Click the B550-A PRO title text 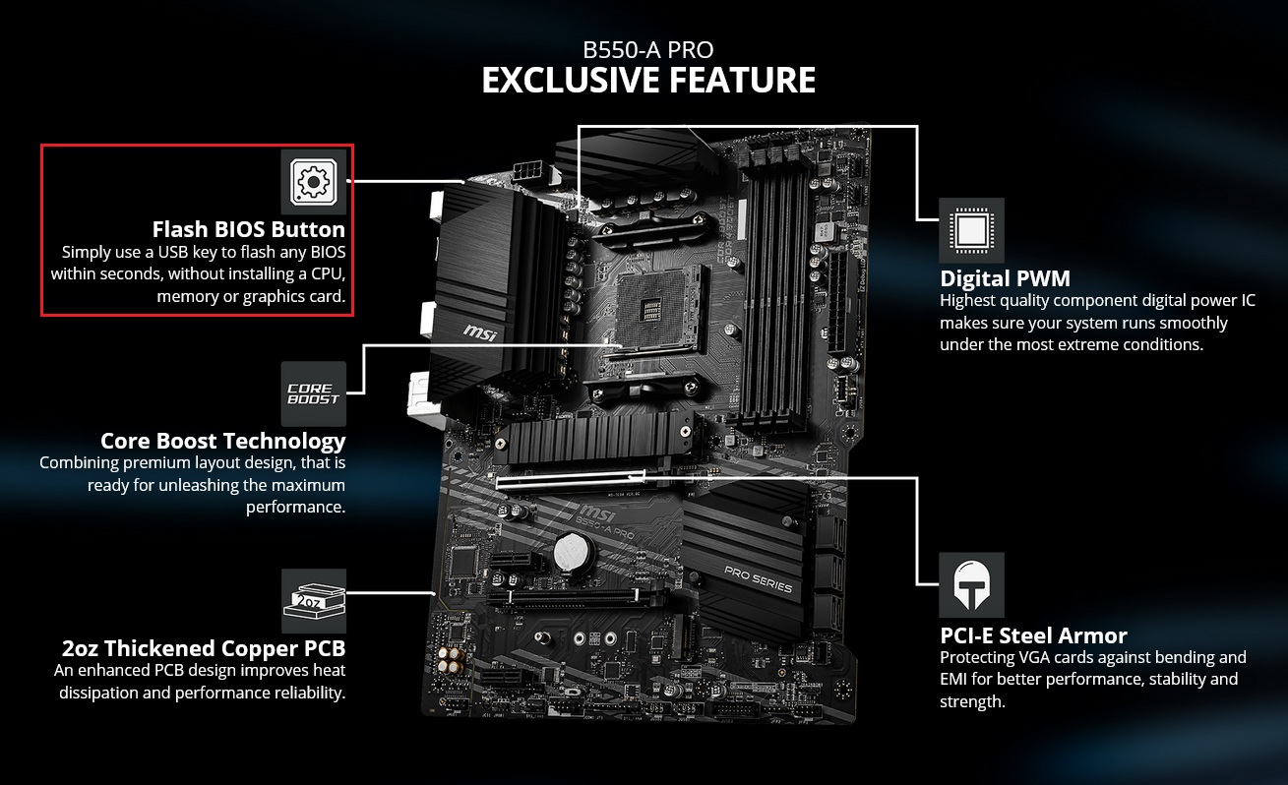click(648, 50)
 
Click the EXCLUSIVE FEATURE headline click(648, 80)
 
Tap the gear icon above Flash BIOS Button click(313, 182)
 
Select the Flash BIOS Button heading click(248, 229)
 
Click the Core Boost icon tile click(313, 393)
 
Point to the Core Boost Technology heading click(223, 441)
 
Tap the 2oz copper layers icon click(314, 601)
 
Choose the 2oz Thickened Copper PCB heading click(204, 648)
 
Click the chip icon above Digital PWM click(972, 230)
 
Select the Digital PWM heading click(1005, 278)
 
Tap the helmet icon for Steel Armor click(972, 585)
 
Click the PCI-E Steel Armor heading click(1033, 635)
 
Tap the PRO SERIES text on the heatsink click(758, 579)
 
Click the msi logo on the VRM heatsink click(480, 332)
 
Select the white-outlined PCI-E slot click(571, 479)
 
